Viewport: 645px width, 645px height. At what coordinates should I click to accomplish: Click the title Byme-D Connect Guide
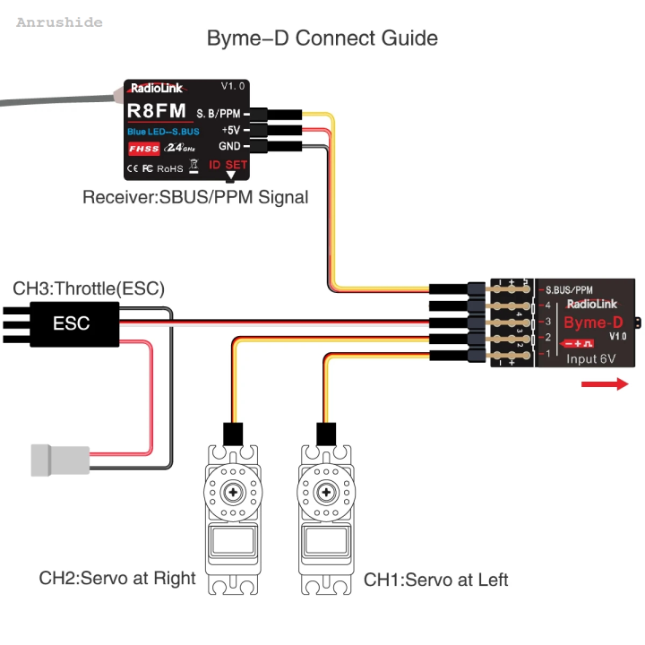click(322, 39)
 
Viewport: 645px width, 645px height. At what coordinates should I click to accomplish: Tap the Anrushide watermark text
click(59, 22)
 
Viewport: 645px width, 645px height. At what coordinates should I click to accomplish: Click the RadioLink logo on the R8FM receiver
click(157, 88)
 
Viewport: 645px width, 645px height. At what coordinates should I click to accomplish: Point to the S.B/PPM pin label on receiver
click(218, 113)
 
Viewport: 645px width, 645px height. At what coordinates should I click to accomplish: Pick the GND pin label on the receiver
click(228, 146)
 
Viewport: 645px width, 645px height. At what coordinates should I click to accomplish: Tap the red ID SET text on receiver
click(228, 165)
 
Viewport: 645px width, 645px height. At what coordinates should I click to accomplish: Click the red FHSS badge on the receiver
click(143, 149)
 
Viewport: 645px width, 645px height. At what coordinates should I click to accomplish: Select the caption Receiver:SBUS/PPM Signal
click(195, 197)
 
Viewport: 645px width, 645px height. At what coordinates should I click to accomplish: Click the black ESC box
click(72, 323)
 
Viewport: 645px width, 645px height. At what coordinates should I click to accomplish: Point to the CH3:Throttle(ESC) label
click(89, 288)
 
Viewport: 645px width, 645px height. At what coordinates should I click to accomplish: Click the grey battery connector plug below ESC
click(55, 460)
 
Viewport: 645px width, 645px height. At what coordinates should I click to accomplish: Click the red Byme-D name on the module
click(592, 322)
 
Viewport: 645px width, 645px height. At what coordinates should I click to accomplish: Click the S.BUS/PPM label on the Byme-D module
click(569, 290)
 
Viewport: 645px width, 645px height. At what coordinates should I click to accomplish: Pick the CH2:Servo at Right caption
click(116, 578)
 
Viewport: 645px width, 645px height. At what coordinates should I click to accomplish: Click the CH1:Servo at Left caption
click(435, 580)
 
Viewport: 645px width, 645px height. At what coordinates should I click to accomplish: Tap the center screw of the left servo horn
click(234, 492)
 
